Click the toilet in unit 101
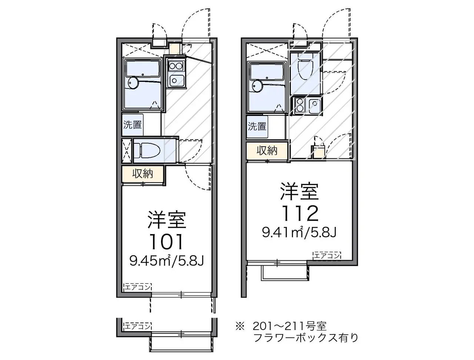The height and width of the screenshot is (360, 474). (x=147, y=150)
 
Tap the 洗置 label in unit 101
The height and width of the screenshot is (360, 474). (x=132, y=124)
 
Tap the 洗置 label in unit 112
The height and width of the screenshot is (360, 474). (x=257, y=126)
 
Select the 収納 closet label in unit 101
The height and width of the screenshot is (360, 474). (x=143, y=173)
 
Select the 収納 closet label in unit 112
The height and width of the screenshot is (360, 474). (x=267, y=150)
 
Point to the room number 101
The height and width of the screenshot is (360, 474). (x=167, y=242)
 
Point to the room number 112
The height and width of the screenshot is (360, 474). (x=301, y=213)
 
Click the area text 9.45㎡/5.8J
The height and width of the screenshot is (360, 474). (x=167, y=261)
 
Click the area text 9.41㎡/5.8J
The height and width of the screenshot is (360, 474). (x=299, y=232)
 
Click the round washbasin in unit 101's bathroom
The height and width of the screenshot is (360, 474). (x=133, y=83)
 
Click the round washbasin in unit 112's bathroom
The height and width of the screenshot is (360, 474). (x=258, y=86)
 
